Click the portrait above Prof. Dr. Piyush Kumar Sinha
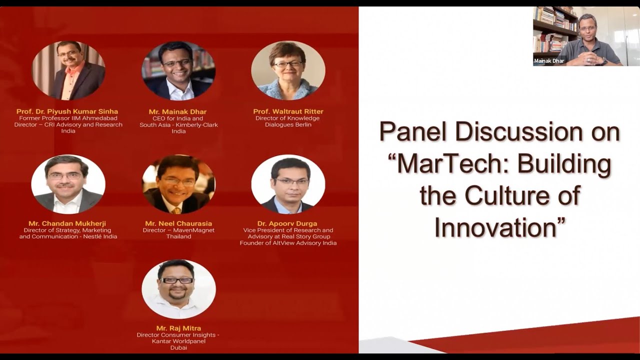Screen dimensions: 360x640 tap(68, 70)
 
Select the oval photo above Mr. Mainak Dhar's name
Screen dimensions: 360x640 tap(178, 70)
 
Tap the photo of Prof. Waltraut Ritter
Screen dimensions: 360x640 tap(288, 70)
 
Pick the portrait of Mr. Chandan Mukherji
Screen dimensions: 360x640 tap(68, 184)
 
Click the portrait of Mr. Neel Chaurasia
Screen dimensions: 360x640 tap(178, 184)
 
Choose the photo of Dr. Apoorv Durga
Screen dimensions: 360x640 tap(288, 184)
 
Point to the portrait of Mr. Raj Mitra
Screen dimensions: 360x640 tap(178, 289)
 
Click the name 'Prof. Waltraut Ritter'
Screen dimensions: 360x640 tap(288, 111)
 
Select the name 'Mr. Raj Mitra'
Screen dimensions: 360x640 tap(178, 328)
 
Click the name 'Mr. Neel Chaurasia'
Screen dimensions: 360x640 tap(178, 223)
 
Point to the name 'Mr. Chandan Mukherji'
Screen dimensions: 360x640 tap(67, 223)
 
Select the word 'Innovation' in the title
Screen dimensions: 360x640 tap(495, 227)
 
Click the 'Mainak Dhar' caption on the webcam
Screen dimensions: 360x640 tap(548, 61)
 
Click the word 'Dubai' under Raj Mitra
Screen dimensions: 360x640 tap(178, 347)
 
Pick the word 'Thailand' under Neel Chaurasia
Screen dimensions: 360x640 tap(178, 236)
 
